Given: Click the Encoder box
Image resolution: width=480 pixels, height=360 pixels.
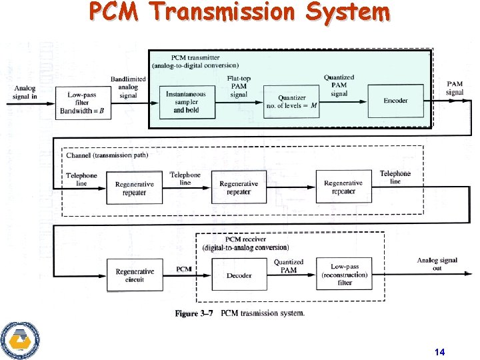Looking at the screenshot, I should [x=396, y=101].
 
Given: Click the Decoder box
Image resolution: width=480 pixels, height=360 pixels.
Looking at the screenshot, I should [x=238, y=275].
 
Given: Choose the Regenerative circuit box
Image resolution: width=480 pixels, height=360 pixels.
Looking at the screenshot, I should [x=135, y=275].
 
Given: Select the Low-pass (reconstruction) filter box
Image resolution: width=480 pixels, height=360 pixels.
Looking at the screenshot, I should [x=344, y=274].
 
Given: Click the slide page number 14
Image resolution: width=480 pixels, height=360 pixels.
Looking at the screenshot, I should [x=439, y=351].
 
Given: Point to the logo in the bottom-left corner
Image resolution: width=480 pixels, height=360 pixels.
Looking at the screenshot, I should [x=20, y=339].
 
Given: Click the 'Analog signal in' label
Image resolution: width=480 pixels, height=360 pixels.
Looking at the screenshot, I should [x=25, y=93].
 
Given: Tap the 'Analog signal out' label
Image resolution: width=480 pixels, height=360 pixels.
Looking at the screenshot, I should [x=437, y=264].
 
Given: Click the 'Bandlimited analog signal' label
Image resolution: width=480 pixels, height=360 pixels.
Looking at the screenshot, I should [x=128, y=87].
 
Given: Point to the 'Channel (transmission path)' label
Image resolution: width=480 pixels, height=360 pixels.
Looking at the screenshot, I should [x=107, y=155].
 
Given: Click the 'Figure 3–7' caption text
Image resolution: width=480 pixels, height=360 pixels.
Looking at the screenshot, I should [x=197, y=313].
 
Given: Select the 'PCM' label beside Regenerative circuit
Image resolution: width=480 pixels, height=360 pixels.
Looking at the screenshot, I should [x=184, y=269].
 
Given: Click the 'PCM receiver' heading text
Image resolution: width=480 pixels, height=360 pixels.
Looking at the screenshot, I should [x=245, y=239].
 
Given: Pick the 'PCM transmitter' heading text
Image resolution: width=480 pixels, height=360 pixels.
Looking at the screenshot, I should [x=195, y=57].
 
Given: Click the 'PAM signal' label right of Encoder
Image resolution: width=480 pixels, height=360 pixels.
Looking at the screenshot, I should [x=455, y=89].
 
